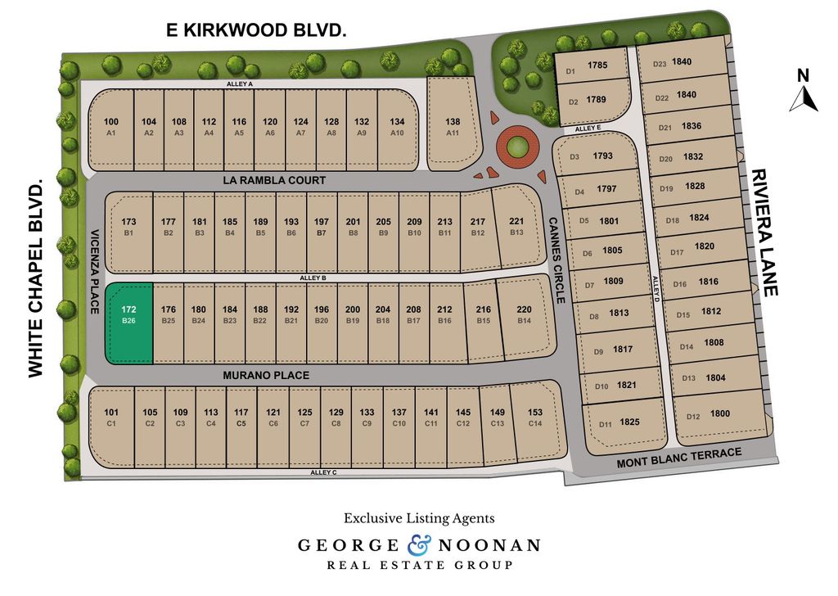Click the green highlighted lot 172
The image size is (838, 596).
[x=128, y=323]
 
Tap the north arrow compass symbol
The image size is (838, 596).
[x=804, y=92]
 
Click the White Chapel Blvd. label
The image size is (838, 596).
[x=35, y=279]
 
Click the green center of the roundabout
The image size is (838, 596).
[x=516, y=148]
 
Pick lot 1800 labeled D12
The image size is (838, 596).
[x=709, y=416]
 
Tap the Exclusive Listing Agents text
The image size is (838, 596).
[x=418, y=518]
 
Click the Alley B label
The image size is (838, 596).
[x=312, y=278]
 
